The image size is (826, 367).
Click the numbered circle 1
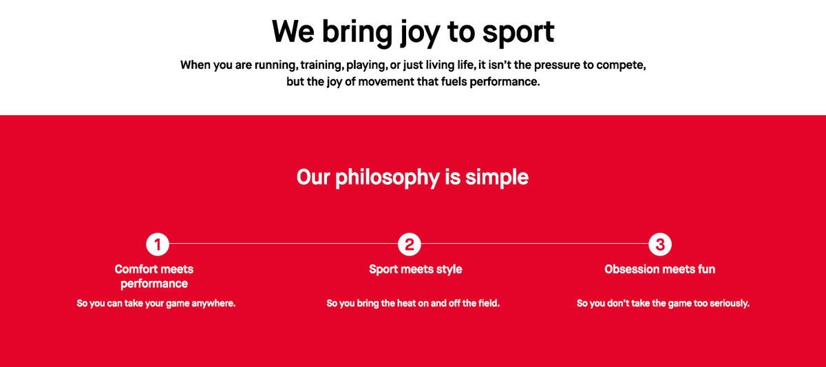(x=158, y=244)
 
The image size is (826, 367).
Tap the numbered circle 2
(x=410, y=244)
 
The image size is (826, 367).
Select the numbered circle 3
(x=660, y=244)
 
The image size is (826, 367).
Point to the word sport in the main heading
(x=518, y=33)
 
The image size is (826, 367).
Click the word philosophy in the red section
(x=387, y=178)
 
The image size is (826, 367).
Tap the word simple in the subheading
(x=497, y=178)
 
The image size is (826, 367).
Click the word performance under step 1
(x=154, y=284)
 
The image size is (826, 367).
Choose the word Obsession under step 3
(x=626, y=269)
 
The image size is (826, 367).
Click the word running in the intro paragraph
(x=276, y=65)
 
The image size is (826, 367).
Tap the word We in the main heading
(x=293, y=32)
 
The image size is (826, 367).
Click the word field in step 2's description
(x=489, y=303)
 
